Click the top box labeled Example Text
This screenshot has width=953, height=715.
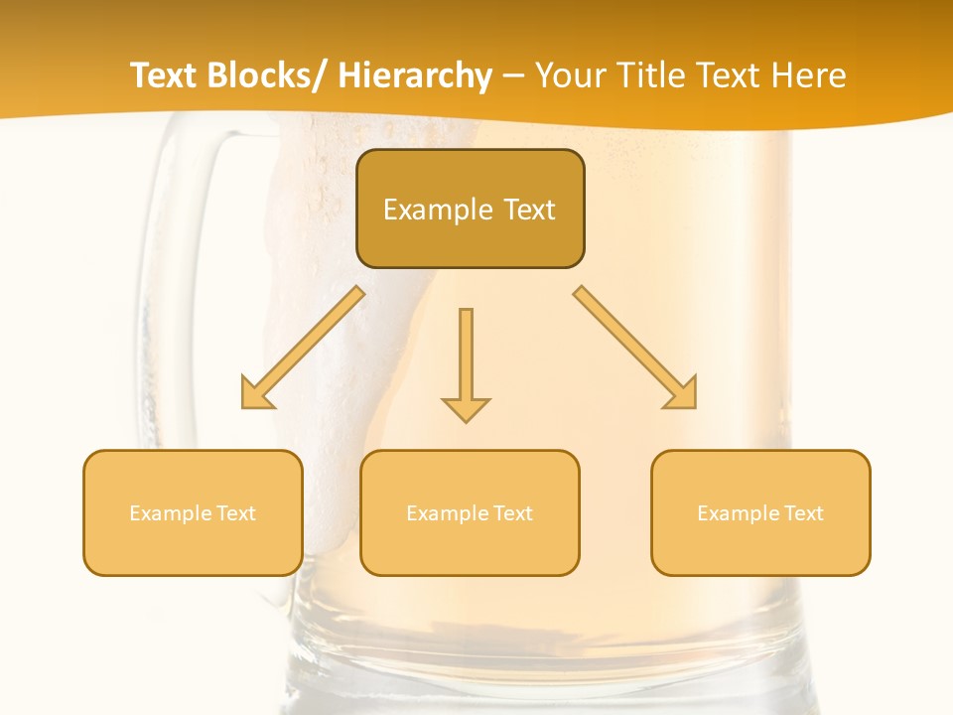pos(470,209)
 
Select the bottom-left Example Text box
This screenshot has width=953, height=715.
pos(193,512)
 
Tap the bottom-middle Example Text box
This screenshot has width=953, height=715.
pos(470,512)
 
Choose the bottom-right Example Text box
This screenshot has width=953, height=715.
pos(760,512)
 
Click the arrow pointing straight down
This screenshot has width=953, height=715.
pos(466,362)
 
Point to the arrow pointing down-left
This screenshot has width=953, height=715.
pos(303,348)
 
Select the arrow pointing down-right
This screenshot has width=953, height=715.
pos(635,348)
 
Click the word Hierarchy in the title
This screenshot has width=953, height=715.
pos(414,75)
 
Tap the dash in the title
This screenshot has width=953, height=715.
pos(513,76)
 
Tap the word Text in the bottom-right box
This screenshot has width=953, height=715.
pos(804,512)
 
